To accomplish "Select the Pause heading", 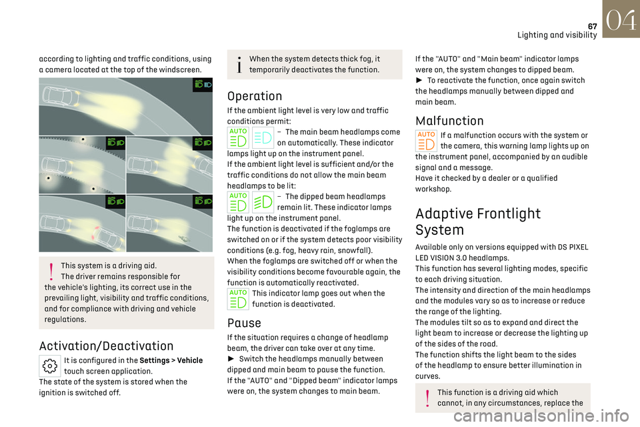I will [x=244, y=323].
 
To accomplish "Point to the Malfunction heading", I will [x=449, y=121].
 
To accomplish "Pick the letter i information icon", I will [x=237, y=65].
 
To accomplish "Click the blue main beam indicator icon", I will [x=263, y=137].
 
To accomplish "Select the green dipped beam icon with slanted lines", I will [x=263, y=201].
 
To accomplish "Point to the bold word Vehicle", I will [x=190, y=360].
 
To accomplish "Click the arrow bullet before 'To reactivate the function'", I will [x=419, y=81].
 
